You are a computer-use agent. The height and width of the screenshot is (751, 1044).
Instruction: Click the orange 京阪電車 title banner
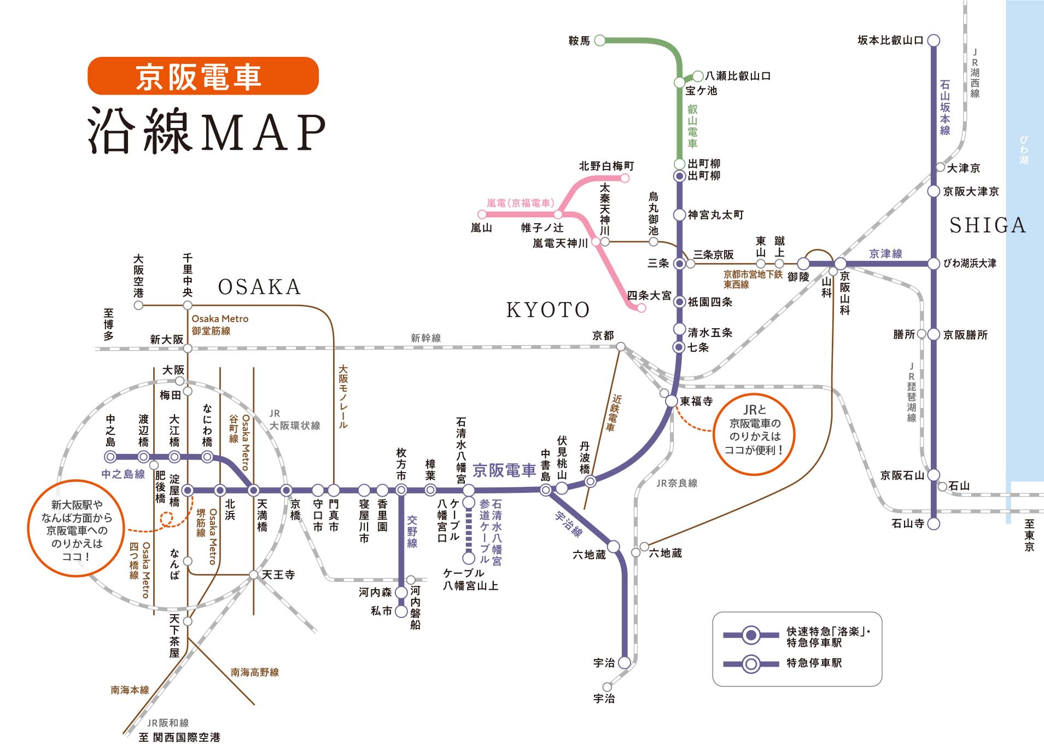(203, 76)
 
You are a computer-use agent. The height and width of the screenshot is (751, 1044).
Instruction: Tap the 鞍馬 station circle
(600, 40)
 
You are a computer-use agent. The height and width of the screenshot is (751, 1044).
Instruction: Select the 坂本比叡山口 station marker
(934, 40)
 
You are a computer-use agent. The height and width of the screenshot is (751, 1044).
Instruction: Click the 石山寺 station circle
(934, 523)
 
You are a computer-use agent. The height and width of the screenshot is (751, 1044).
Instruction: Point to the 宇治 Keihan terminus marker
(624, 662)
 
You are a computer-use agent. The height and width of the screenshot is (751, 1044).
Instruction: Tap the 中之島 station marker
(110, 457)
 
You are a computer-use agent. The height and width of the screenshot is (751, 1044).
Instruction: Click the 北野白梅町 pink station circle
(625, 178)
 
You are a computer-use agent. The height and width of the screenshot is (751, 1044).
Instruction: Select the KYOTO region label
(548, 310)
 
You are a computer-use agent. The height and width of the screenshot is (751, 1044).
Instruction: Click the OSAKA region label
(259, 287)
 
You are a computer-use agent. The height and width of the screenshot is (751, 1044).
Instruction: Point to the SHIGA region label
(987, 225)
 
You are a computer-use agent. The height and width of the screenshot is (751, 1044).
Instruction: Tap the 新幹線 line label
(425, 338)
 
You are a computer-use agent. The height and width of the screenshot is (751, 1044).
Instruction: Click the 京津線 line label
(885, 254)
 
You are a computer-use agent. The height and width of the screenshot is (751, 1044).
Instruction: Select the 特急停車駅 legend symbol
(751, 664)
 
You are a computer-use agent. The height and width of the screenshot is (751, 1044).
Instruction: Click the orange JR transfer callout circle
(754, 434)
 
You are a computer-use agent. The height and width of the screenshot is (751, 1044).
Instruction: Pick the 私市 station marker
(401, 611)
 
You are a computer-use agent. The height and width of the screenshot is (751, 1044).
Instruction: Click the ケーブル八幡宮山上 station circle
(469, 558)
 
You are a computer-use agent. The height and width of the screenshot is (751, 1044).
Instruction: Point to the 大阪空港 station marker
(139, 305)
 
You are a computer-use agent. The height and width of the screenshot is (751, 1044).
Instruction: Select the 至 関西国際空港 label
(179, 737)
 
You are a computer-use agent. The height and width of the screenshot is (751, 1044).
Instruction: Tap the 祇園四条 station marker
(679, 302)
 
